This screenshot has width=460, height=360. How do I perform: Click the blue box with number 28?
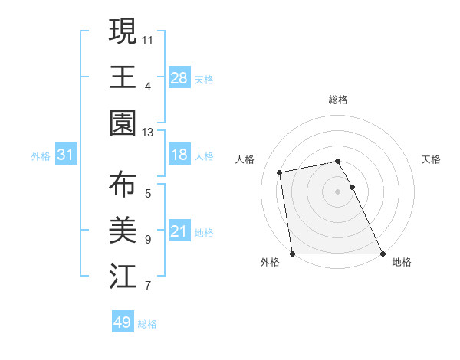pos(179,77)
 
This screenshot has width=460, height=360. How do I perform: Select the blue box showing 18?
pos(179,155)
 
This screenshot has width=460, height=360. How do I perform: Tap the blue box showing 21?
pos(179,232)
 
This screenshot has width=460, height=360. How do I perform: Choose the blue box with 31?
pos(66,155)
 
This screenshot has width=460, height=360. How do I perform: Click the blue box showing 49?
pos(123,322)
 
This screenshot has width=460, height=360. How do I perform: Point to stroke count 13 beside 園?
pos(148,133)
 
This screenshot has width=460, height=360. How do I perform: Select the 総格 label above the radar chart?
pos(338,100)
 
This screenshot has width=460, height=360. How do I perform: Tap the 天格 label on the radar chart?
pos(432,159)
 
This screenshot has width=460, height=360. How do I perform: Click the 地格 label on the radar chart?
pos(402,263)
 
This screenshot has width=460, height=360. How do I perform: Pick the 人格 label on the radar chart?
pos(245,159)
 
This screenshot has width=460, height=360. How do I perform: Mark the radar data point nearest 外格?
pos(292,254)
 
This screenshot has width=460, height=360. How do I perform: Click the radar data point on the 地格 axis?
pos(383,254)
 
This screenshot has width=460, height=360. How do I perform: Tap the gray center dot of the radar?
pos(337,191)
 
